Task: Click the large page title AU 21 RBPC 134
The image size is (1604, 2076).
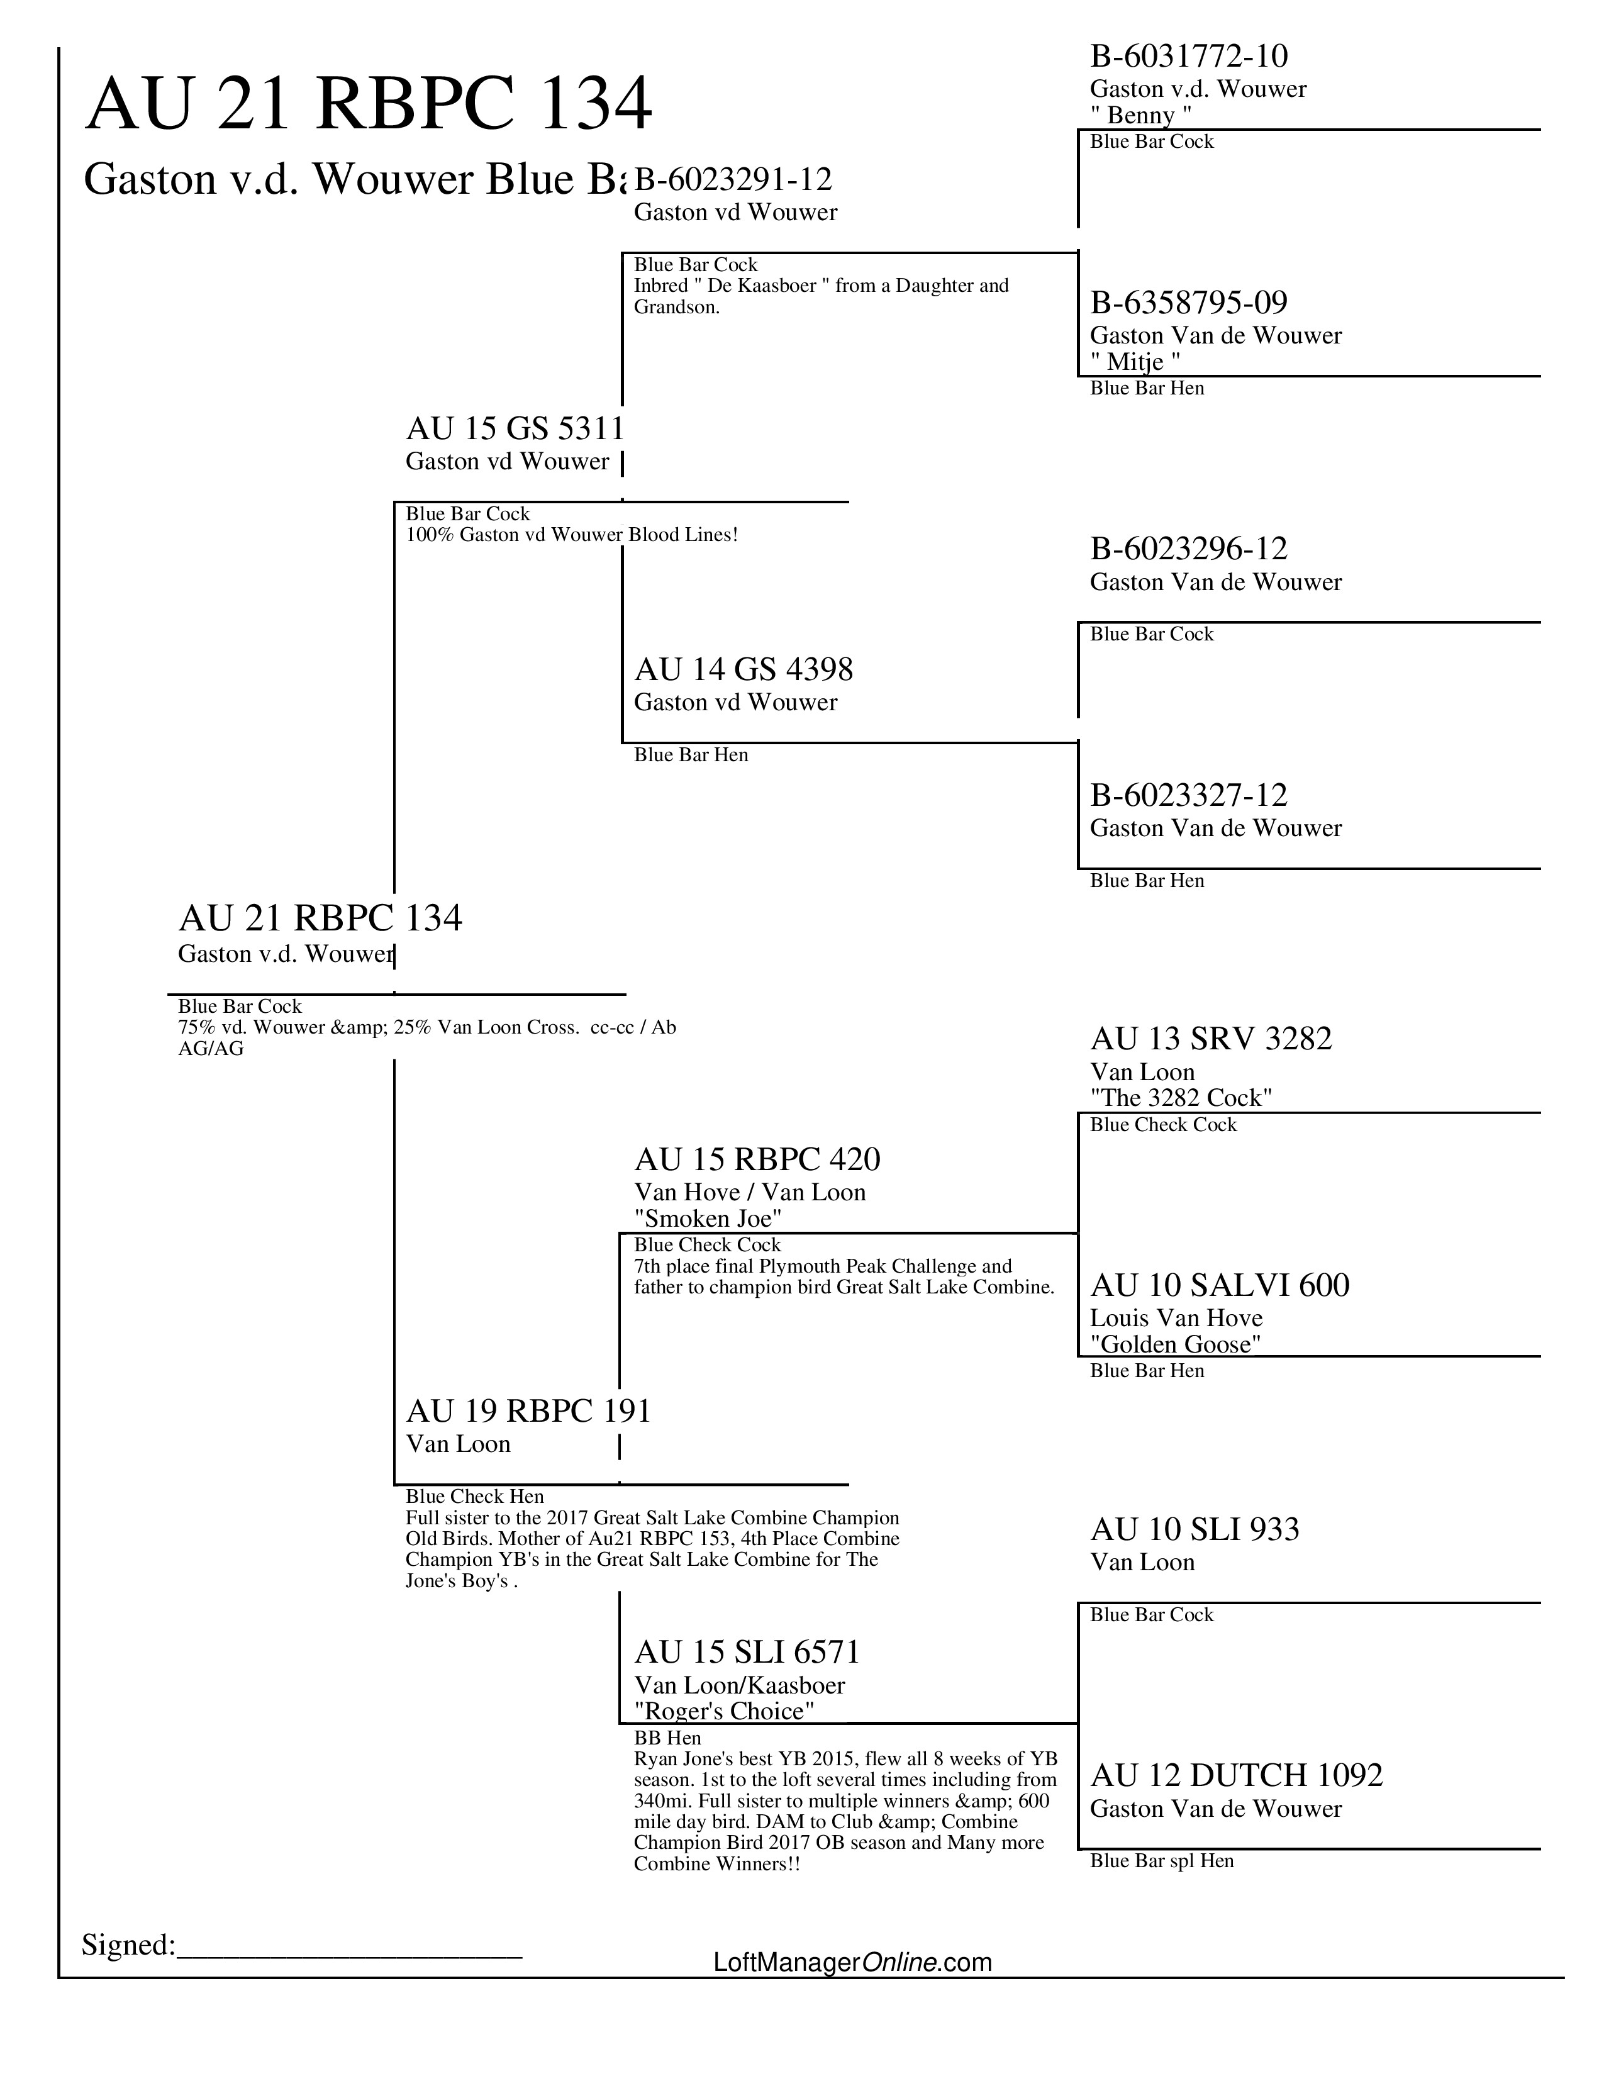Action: pos(369,104)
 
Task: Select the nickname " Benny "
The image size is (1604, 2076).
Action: pos(1140,115)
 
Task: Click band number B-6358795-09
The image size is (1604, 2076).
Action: pos(1189,303)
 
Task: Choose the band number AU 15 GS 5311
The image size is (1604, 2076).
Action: pos(514,428)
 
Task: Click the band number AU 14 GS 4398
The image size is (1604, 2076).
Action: pos(743,669)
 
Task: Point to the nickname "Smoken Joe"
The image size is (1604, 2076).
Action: pos(707,1218)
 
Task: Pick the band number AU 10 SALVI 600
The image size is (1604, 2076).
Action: pos(1219,1285)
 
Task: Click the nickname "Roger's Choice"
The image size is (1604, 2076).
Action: pos(724,1711)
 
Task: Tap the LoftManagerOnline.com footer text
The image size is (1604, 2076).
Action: pos(852,1962)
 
